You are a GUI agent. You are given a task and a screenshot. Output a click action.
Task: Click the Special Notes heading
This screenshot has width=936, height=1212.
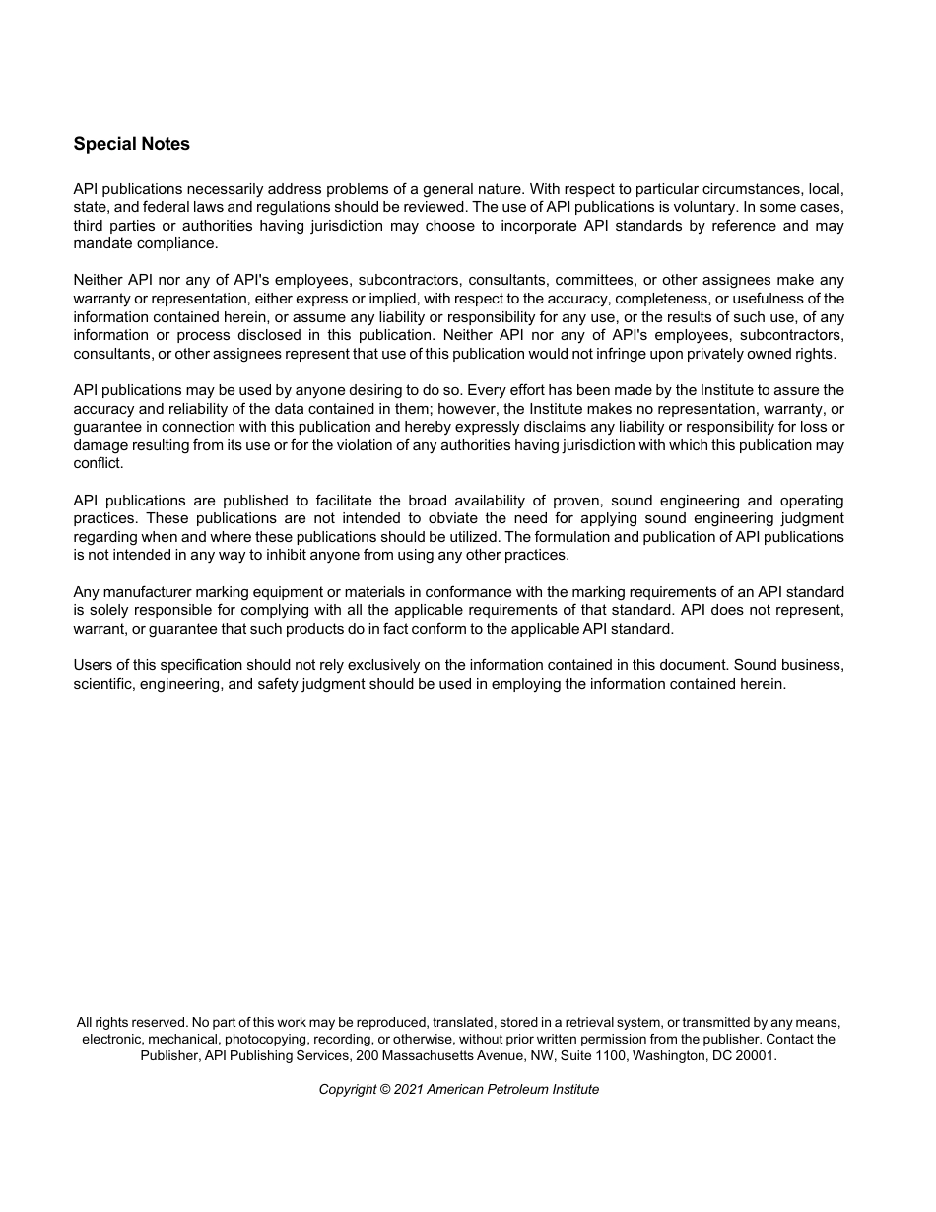[x=131, y=144]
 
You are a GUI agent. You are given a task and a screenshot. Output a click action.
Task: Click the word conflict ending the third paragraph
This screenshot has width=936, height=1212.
[x=98, y=464]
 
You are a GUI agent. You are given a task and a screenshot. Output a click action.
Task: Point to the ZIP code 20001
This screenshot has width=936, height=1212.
[x=755, y=1055]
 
